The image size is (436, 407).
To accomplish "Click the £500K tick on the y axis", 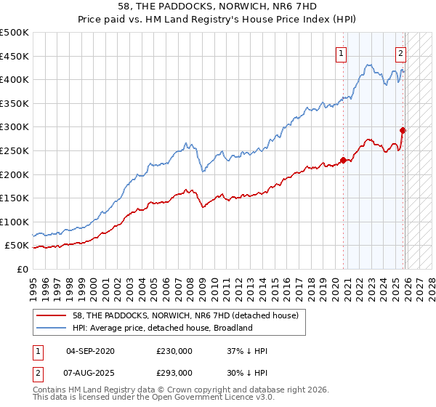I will point(15,33).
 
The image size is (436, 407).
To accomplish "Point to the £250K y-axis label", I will point(15,150).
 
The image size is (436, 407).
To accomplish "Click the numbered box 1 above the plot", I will point(341,52).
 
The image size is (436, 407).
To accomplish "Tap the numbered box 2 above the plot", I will point(400,52).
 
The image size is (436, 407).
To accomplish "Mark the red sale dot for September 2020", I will point(343,161).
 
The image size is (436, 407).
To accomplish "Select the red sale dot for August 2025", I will point(403,131).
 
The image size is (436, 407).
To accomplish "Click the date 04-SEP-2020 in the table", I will point(90,351).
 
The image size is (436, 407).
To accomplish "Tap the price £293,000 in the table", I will point(174,372).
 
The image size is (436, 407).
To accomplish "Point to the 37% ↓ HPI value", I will point(247,351).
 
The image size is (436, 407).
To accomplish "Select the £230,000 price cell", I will point(174,351).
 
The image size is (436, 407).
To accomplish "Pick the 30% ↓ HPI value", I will point(247,372).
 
